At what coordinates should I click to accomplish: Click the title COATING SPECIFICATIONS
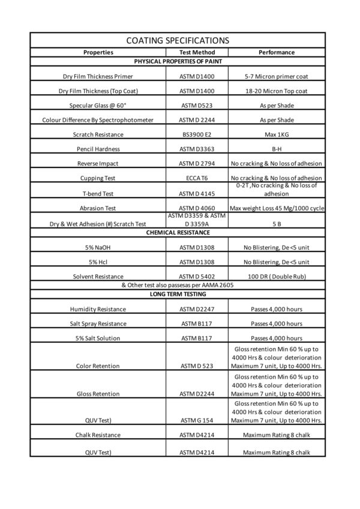pyautogui.click(x=178, y=40)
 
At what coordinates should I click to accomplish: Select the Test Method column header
pyautogui.click(x=197, y=52)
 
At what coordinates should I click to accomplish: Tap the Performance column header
pyautogui.click(x=277, y=52)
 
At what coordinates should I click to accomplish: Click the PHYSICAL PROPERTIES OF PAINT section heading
pyautogui.click(x=178, y=61)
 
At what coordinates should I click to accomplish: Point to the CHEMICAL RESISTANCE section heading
pyautogui.click(x=178, y=232)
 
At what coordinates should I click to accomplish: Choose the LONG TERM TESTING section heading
pyautogui.click(x=178, y=294)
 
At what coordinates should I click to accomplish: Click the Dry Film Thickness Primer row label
pyautogui.click(x=98, y=77)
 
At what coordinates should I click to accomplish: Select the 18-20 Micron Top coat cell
pyautogui.click(x=277, y=91)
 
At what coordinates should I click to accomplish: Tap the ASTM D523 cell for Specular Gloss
pyautogui.click(x=197, y=106)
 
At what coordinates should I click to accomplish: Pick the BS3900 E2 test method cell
pyautogui.click(x=197, y=134)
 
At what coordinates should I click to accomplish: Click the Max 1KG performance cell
pyautogui.click(x=277, y=134)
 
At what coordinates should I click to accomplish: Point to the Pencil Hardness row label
pyautogui.click(x=98, y=149)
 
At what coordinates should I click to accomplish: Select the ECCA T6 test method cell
pyautogui.click(x=197, y=178)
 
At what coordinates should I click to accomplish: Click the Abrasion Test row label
pyautogui.click(x=98, y=208)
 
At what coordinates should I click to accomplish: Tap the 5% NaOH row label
pyautogui.click(x=98, y=247)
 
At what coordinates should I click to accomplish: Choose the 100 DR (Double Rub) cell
pyautogui.click(x=277, y=277)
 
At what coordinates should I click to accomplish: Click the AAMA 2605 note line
pyautogui.click(x=178, y=285)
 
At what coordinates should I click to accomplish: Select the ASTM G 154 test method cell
pyautogui.click(x=197, y=420)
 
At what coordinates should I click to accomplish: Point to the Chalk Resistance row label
pyautogui.click(x=98, y=435)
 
